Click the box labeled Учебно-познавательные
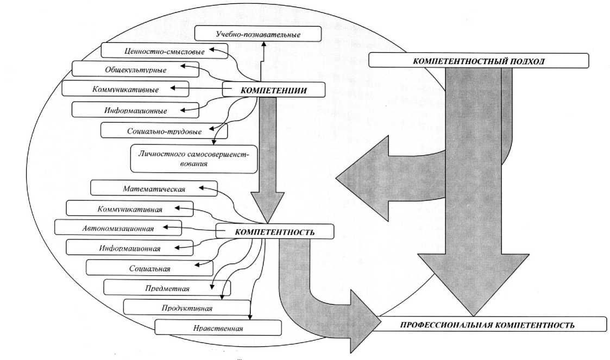(x=258, y=34)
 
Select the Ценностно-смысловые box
(x=164, y=51)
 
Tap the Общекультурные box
(x=135, y=70)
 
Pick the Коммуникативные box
(x=125, y=89)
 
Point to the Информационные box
(x=135, y=110)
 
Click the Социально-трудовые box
(x=164, y=131)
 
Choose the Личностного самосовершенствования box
(x=194, y=159)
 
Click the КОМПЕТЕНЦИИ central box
(x=273, y=90)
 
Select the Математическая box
(x=154, y=188)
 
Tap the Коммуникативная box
(x=129, y=209)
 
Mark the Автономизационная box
(x=118, y=228)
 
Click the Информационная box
(x=129, y=248)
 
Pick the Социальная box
(x=150, y=268)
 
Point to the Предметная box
(x=167, y=288)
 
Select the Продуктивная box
(x=187, y=307)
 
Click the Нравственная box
(x=218, y=327)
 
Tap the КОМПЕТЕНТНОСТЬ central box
(x=275, y=232)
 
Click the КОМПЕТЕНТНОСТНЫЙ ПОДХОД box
(x=479, y=61)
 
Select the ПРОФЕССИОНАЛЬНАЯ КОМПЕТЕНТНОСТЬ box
(x=489, y=324)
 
